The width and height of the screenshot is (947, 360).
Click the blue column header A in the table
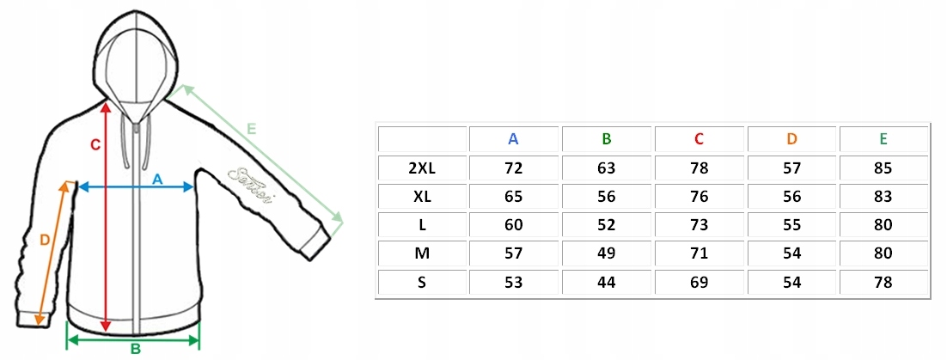(x=513, y=139)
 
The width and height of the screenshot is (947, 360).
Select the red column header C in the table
(x=699, y=139)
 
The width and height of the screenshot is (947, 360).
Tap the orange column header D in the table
(x=791, y=139)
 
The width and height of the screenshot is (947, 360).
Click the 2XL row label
(x=422, y=168)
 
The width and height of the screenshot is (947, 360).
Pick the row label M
(x=422, y=253)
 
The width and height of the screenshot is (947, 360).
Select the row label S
(x=422, y=282)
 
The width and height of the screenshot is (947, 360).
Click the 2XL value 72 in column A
(x=514, y=168)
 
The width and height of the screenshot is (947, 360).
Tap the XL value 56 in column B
(x=607, y=197)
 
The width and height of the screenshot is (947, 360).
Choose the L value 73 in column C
(x=699, y=225)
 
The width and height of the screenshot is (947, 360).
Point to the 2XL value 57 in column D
(x=791, y=168)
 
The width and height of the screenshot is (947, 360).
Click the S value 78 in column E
(x=883, y=282)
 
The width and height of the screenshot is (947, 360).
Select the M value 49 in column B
(x=607, y=253)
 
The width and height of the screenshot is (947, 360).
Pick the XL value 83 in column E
(x=883, y=197)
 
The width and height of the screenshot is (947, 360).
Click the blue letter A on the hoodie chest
(x=157, y=179)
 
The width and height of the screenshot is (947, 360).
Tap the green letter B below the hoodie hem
(x=135, y=349)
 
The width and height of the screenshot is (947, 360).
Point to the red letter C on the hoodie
(x=95, y=145)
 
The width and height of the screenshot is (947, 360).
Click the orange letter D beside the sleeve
(x=46, y=241)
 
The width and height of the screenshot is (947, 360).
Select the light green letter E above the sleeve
(x=251, y=129)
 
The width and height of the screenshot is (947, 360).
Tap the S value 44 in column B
(x=607, y=282)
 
